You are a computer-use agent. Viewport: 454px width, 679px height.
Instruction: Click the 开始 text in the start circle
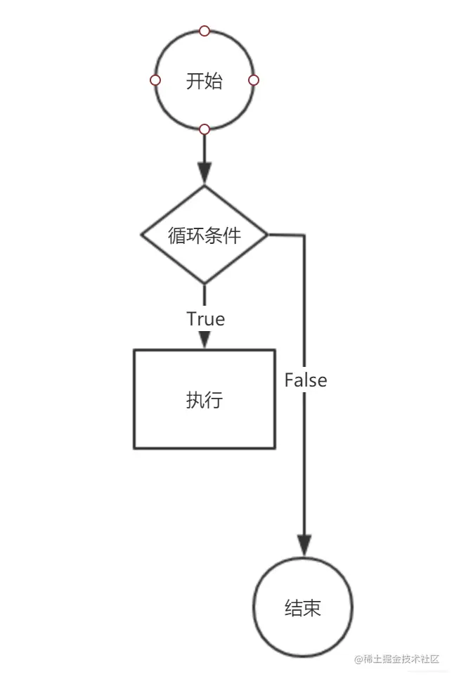[204, 81]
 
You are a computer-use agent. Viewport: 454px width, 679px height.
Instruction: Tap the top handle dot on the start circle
[205, 31]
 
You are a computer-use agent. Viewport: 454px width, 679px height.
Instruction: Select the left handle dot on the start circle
[155, 80]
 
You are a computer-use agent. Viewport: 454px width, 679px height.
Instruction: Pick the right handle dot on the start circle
[254, 80]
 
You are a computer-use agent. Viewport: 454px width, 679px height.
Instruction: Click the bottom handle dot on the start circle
[205, 129]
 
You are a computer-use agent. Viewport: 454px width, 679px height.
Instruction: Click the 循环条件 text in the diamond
[204, 235]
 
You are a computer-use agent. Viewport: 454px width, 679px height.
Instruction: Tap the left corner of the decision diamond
[143, 234]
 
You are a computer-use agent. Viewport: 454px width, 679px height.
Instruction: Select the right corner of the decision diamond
[267, 234]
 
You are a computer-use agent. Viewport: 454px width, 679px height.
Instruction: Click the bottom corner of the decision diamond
[205, 283]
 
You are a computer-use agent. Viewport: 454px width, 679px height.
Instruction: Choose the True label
[205, 318]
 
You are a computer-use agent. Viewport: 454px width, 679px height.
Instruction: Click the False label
[306, 380]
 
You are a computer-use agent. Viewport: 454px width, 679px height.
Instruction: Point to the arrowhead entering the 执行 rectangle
[205, 340]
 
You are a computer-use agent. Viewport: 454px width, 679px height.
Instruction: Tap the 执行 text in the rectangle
[204, 399]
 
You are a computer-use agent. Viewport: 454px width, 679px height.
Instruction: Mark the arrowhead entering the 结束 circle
[304, 546]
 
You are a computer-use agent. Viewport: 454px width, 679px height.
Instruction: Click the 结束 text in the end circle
[303, 607]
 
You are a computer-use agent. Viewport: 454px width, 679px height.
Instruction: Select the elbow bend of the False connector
[304, 235]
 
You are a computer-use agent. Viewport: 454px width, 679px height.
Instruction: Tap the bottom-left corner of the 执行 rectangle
[134, 448]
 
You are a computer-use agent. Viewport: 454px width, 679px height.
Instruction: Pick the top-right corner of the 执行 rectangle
[274, 350]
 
